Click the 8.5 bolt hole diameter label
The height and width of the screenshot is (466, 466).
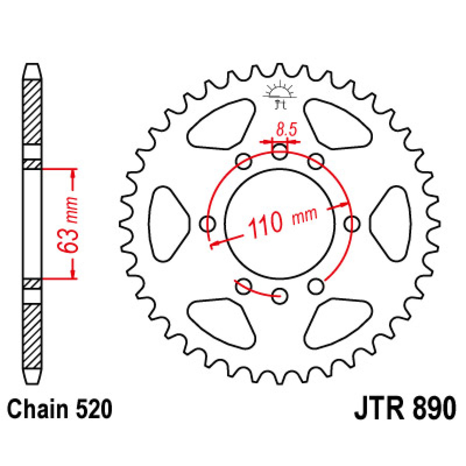pyautogui.click(x=286, y=130)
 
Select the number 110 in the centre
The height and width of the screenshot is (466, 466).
pyautogui.click(x=266, y=224)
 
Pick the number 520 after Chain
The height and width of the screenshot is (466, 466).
pyautogui.click(x=94, y=409)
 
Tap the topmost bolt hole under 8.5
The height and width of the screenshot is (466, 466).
pyautogui.click(x=280, y=152)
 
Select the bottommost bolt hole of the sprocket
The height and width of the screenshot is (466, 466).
pyautogui.click(x=280, y=295)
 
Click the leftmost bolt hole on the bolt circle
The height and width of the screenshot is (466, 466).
pyautogui.click(x=208, y=224)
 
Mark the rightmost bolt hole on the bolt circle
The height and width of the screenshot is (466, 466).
pyautogui.click(x=351, y=224)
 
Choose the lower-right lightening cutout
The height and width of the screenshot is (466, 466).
pyautogui.click(x=337, y=323)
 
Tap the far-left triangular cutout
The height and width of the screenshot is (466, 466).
pyautogui.click(x=167, y=224)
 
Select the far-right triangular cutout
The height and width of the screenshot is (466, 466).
pyautogui.click(x=391, y=224)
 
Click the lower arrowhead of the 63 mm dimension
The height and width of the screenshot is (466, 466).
pyautogui.click(x=73, y=274)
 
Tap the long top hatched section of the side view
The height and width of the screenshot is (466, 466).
pyautogui.click(x=32, y=112)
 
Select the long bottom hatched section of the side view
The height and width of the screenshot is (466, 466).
pyautogui.click(x=32, y=336)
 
